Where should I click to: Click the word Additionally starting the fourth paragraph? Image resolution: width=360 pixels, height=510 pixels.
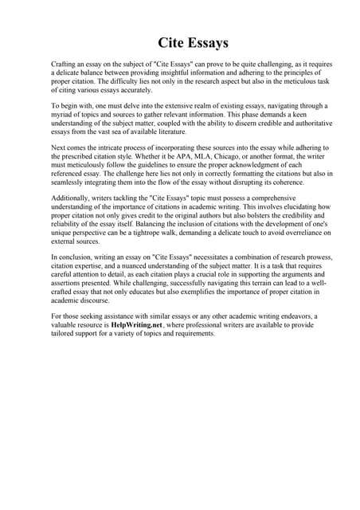pyautogui.click(x=73, y=196)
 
